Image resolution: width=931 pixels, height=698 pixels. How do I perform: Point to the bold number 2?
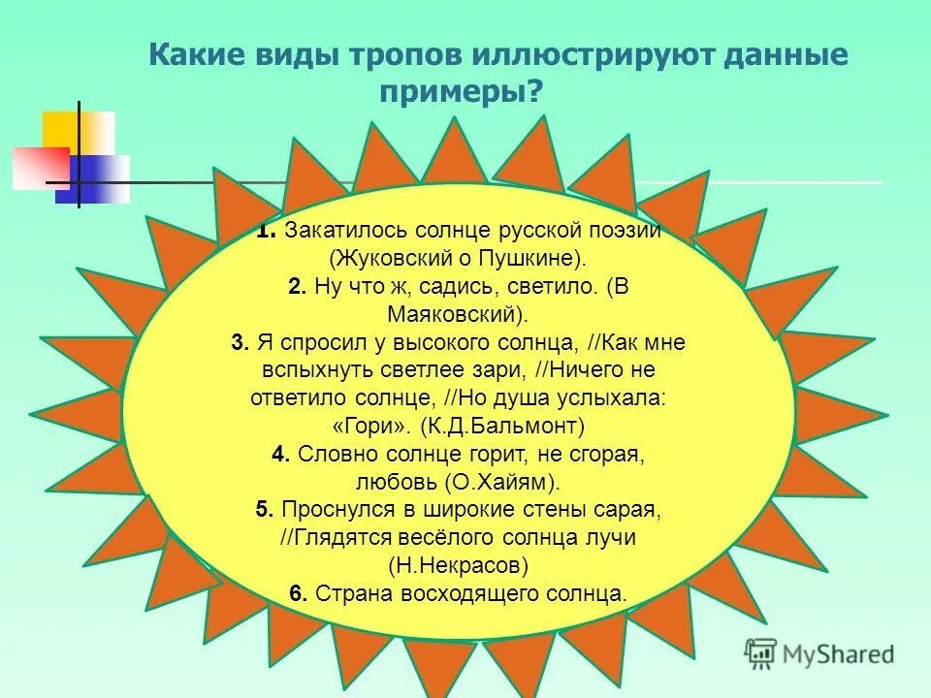[x=298, y=287]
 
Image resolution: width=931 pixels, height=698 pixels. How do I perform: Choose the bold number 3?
[x=241, y=343]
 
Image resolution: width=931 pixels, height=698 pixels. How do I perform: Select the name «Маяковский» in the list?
[x=455, y=315]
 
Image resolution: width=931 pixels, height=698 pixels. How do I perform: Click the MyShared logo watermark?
[x=819, y=653]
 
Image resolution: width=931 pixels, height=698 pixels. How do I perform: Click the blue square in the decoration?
[x=97, y=178]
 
